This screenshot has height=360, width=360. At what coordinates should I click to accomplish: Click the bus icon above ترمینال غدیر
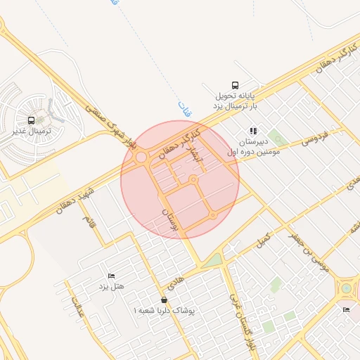31,121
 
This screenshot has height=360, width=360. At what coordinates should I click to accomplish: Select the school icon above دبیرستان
253,130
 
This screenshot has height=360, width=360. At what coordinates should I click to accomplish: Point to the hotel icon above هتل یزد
110,274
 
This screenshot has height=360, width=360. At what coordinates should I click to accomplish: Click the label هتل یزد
109,285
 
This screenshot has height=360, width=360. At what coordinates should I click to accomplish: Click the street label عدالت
75,309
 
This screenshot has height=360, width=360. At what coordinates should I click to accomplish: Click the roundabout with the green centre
346,288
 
